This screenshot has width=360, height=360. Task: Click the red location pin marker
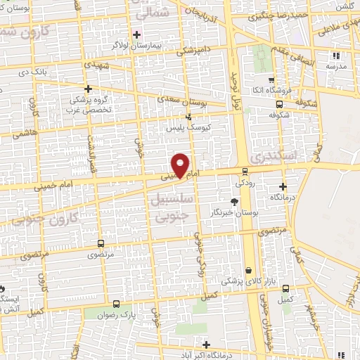(x=181, y=165)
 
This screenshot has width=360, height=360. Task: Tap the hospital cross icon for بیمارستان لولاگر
(x=137, y=33)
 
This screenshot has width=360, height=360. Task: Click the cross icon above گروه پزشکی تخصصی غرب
(x=88, y=89)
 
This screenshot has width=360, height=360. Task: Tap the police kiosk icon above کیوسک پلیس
(x=188, y=117)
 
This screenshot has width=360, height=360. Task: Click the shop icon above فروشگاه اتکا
(x=271, y=79)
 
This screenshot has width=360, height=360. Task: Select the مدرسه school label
(x=337, y=65)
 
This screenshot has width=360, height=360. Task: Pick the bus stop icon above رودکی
(x=244, y=170)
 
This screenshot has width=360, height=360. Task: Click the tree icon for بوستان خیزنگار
(x=234, y=202)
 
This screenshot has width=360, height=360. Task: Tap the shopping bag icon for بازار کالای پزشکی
(x=248, y=270)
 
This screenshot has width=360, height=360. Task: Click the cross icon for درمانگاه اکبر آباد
(x=206, y=344)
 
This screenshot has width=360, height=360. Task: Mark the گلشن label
(x=345, y=5)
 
